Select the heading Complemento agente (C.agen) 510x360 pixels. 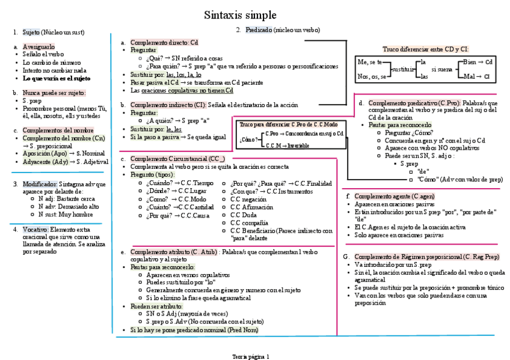(x=394, y=196)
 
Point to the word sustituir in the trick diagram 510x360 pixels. (x=403, y=70)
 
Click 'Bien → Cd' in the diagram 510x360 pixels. (x=479, y=62)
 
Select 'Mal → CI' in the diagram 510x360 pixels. (x=479, y=76)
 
